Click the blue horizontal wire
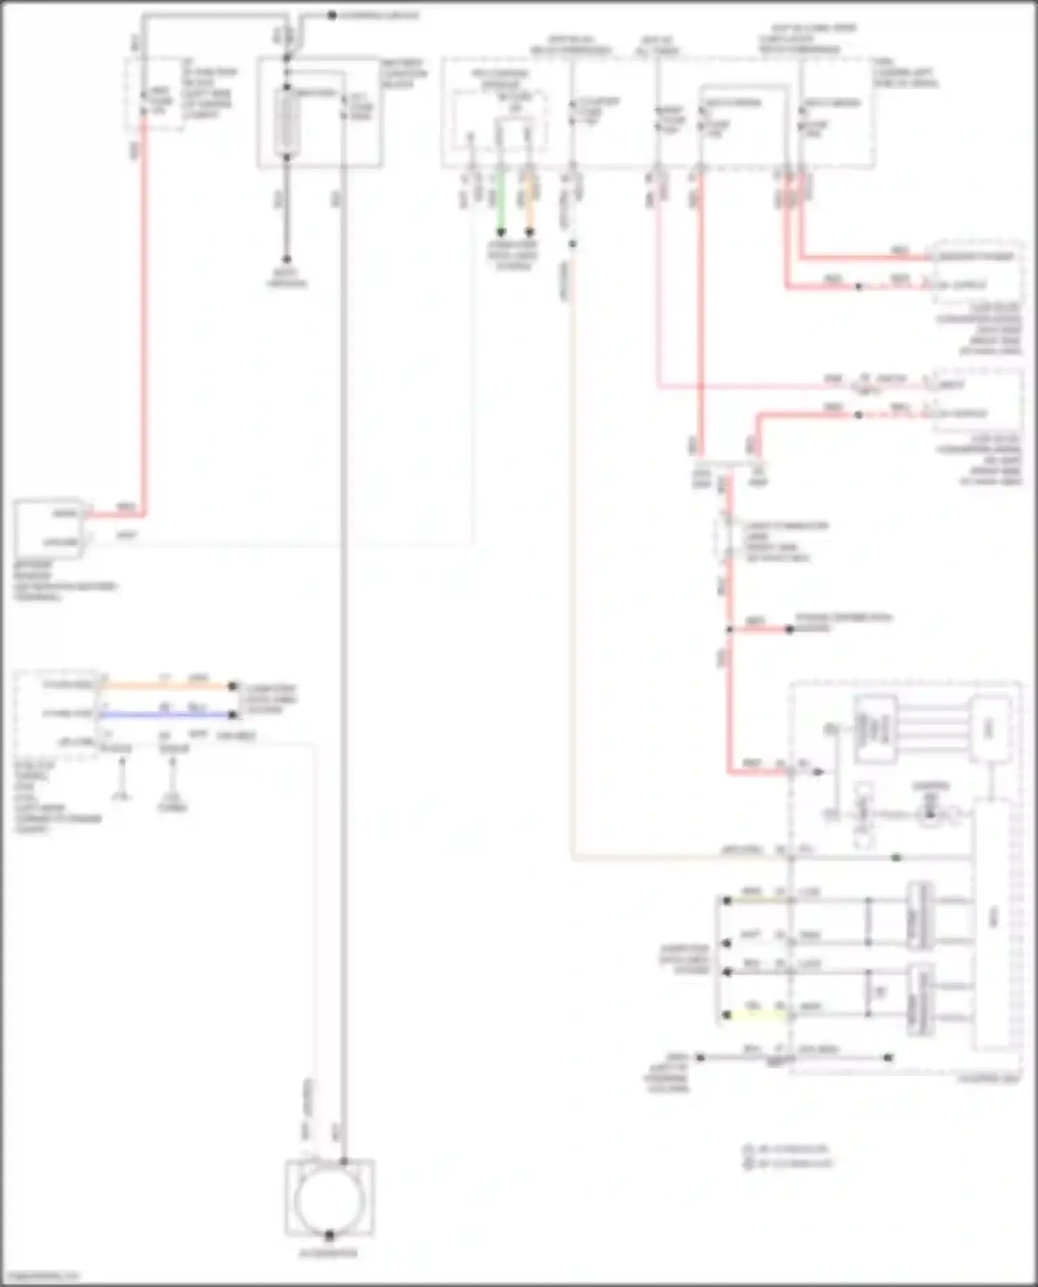tap(166, 714)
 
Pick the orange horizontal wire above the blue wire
tap(166, 686)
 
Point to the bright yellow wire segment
tap(754, 1015)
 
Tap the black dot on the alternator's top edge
tap(343, 1161)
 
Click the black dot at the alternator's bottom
tap(329, 1235)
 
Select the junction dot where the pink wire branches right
tap(729, 629)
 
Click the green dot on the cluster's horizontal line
tap(896, 858)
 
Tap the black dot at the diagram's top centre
tap(331, 15)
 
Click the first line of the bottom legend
tap(785, 1149)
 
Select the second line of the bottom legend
tap(785, 1164)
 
